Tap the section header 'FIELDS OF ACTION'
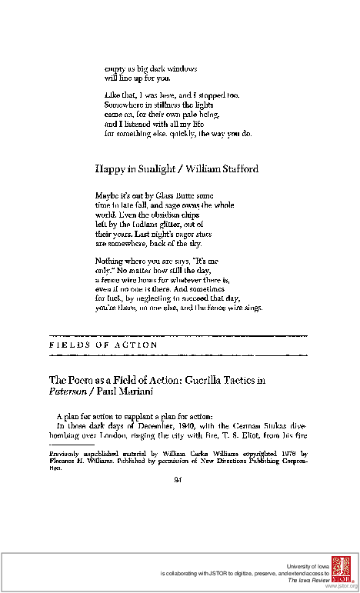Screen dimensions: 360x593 pos(104,345)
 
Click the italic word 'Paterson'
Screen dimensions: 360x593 pos(67,391)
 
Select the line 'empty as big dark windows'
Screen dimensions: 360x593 pos(145,68)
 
